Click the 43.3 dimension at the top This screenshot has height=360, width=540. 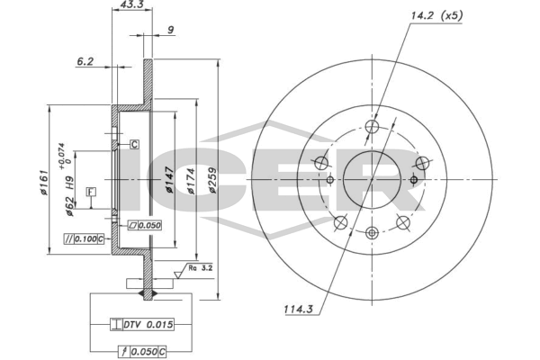pyautogui.click(x=131, y=6)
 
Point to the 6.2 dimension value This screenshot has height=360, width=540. pyautogui.click(x=85, y=62)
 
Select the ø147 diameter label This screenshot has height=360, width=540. pyautogui.click(x=167, y=184)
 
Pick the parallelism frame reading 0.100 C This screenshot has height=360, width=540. pyautogui.click(x=85, y=238)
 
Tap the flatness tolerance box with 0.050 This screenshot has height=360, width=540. pyautogui.click(x=144, y=225)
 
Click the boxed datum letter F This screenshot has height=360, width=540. pyautogui.click(x=91, y=192)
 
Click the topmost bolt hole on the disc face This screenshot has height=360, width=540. pyautogui.click(x=371, y=129)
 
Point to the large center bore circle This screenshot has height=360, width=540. pyautogui.click(x=371, y=180)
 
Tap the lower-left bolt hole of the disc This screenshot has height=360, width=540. pyautogui.click(x=340, y=223)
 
